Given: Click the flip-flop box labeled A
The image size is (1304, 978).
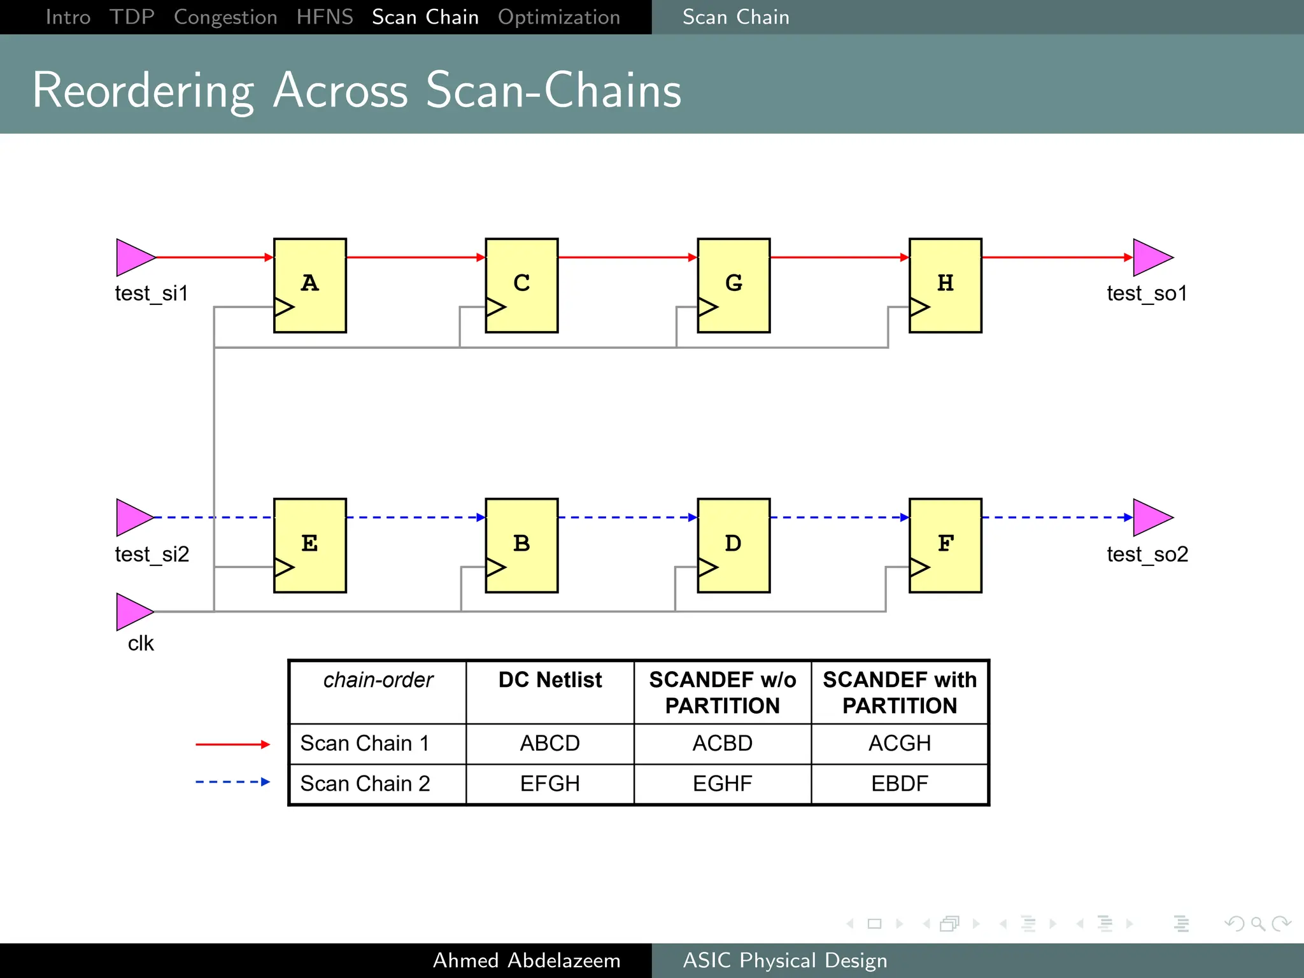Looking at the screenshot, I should [310, 285].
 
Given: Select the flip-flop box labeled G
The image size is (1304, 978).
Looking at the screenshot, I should [733, 285].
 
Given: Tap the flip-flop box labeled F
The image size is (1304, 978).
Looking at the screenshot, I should [945, 546].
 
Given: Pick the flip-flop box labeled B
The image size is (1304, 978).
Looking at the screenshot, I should [521, 546].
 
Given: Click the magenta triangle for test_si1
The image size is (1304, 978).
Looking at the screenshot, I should [132, 257].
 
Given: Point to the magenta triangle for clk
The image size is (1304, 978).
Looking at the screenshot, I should [132, 612].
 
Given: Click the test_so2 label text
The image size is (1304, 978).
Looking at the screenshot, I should [1147, 554].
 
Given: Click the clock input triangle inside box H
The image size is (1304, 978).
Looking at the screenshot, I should [919, 307].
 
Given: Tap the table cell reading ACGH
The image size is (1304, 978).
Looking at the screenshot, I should [899, 743].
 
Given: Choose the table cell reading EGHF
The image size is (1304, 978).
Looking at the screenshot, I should [722, 783].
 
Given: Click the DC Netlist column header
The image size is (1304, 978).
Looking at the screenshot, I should [549, 680].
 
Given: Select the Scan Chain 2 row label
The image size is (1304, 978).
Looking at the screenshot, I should [365, 783].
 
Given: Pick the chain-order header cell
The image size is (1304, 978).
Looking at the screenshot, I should [378, 680].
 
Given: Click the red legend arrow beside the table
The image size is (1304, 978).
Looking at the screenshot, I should [232, 744].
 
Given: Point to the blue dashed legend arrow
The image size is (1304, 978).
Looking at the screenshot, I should [232, 781].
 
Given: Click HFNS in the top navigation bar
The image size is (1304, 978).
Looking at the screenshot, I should [324, 17].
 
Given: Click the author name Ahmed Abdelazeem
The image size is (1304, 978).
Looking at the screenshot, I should [527, 960].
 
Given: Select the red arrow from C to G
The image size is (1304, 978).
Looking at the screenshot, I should [627, 257].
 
